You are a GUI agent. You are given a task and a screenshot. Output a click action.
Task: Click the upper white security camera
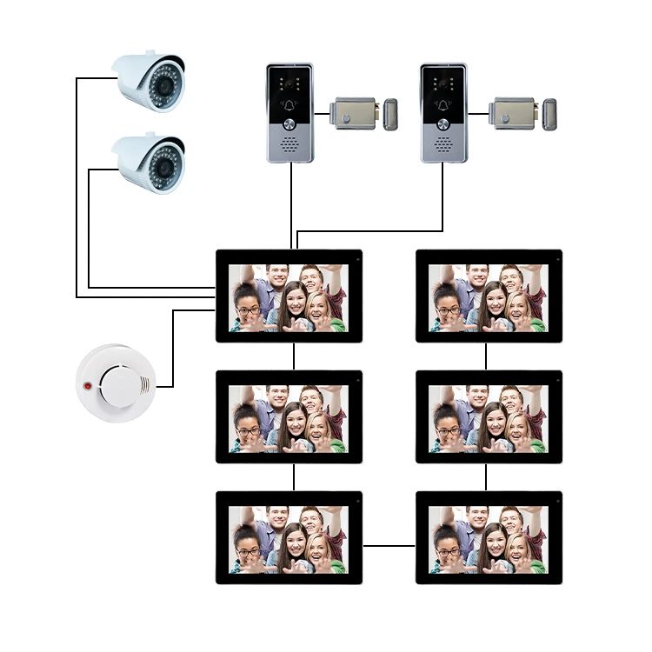point(152,80)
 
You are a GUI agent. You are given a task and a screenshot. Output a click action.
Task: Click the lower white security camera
point(152,163)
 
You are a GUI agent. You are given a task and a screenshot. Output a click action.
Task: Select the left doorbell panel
point(289,112)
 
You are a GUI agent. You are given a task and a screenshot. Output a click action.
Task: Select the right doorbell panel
point(443,112)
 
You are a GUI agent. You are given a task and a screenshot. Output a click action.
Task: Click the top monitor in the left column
point(289,296)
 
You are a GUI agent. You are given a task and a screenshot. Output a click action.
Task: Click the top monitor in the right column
point(489,296)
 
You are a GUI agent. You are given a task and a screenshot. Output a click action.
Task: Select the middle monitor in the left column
point(289,416)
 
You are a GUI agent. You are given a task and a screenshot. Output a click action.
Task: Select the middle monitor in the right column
point(489,416)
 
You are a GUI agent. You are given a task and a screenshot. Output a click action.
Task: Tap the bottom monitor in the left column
point(289,537)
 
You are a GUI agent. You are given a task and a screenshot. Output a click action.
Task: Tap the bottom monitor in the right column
point(489,537)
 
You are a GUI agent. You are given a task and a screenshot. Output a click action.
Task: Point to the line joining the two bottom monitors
point(389,546)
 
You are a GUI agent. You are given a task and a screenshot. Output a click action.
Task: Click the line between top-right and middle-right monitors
point(486,356)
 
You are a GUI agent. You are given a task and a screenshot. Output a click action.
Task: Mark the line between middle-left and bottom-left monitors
point(294,476)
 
